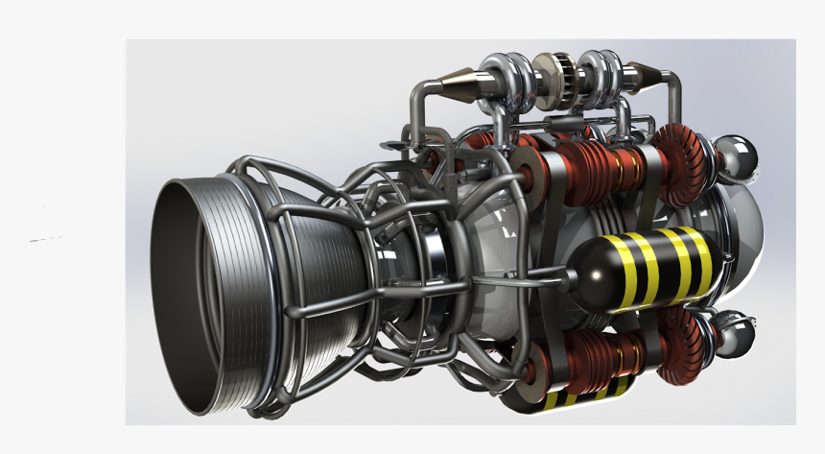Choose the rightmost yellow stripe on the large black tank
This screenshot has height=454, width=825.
703,256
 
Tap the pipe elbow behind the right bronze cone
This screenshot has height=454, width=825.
672,91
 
